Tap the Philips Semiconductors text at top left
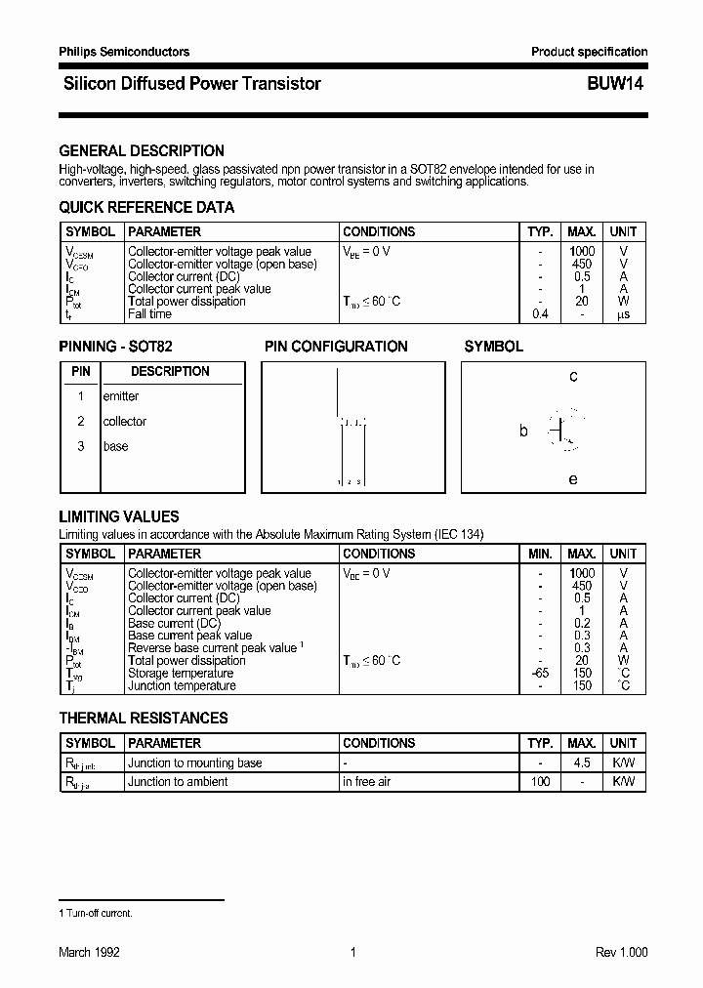[x=124, y=52]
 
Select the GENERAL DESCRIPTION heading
[x=142, y=151]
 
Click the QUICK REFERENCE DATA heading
[x=146, y=207]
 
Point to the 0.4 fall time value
[x=540, y=314]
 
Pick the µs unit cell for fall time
[x=623, y=314]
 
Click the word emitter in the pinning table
[x=121, y=396]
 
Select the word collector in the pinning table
[x=125, y=422]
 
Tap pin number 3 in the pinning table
[x=81, y=446]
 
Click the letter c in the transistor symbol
[x=573, y=377]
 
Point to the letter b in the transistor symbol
[x=523, y=431]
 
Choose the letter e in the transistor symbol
[x=573, y=479]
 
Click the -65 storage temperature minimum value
[x=540, y=674]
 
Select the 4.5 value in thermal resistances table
[x=582, y=763]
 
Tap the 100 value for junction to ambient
[x=540, y=782]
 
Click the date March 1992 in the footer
[x=89, y=953]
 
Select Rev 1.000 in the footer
[x=621, y=953]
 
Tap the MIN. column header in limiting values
[x=540, y=554]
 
